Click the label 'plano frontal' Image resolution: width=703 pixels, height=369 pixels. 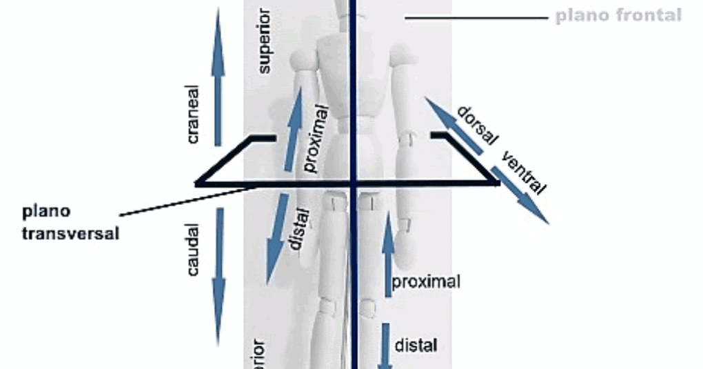tap(618, 15)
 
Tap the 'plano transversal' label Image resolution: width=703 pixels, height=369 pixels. tap(70, 222)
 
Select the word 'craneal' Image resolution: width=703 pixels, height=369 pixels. tap(192, 114)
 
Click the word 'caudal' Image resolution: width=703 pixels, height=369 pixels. tap(193, 250)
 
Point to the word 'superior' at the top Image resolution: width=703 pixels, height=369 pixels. tap(265, 41)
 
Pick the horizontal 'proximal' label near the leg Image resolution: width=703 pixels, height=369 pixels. tap(425, 281)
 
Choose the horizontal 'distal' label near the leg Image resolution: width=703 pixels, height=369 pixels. tap(416, 344)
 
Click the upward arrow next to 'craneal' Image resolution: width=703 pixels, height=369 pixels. tap(218, 76)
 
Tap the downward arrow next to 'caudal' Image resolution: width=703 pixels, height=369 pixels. tap(218, 276)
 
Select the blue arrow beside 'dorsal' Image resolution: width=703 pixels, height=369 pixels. tap(452, 124)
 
